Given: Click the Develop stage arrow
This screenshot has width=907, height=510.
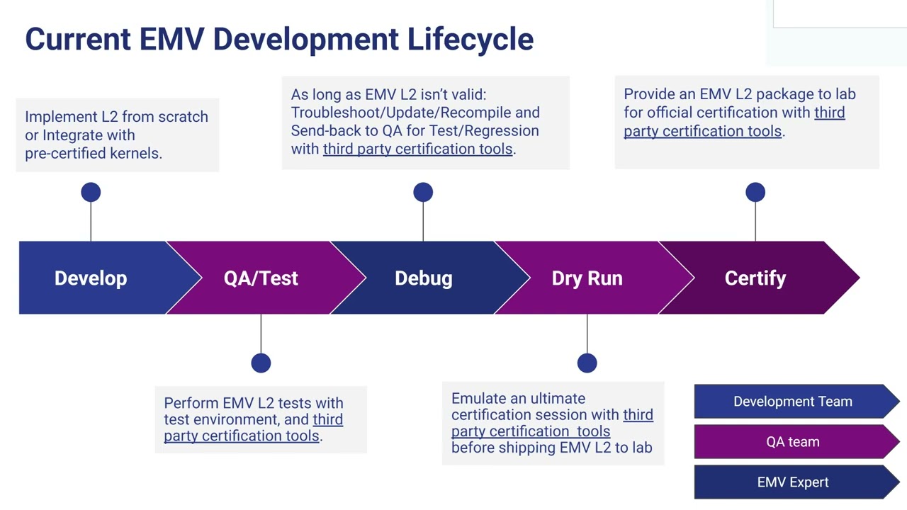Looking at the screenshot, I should click(x=91, y=278).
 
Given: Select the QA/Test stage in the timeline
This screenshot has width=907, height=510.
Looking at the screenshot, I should click(x=261, y=278).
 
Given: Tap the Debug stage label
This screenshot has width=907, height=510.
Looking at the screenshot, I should click(x=423, y=278).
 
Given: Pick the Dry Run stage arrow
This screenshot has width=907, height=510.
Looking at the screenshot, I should click(x=587, y=278).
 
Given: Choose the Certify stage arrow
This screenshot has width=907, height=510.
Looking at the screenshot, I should click(x=755, y=278).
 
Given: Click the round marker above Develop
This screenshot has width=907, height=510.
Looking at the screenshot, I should click(x=91, y=192).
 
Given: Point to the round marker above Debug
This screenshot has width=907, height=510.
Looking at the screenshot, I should click(x=423, y=192).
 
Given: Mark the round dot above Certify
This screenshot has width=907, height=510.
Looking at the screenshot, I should click(x=755, y=192).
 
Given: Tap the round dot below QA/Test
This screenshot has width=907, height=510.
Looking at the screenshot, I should click(x=261, y=363).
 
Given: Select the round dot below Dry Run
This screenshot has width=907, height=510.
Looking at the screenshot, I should click(x=587, y=363).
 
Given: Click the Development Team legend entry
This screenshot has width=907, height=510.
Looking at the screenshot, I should click(x=793, y=402).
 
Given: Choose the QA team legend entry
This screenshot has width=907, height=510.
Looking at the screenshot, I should click(x=793, y=442).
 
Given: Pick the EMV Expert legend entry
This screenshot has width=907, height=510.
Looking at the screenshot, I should click(x=793, y=482).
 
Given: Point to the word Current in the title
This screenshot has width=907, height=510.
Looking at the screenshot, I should click(x=78, y=39).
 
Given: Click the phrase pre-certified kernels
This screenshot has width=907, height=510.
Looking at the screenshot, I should click(x=93, y=153).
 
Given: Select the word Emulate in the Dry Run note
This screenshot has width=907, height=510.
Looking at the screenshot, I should click(x=479, y=398).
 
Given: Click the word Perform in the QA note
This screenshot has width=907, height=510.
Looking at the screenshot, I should click(x=191, y=403).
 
